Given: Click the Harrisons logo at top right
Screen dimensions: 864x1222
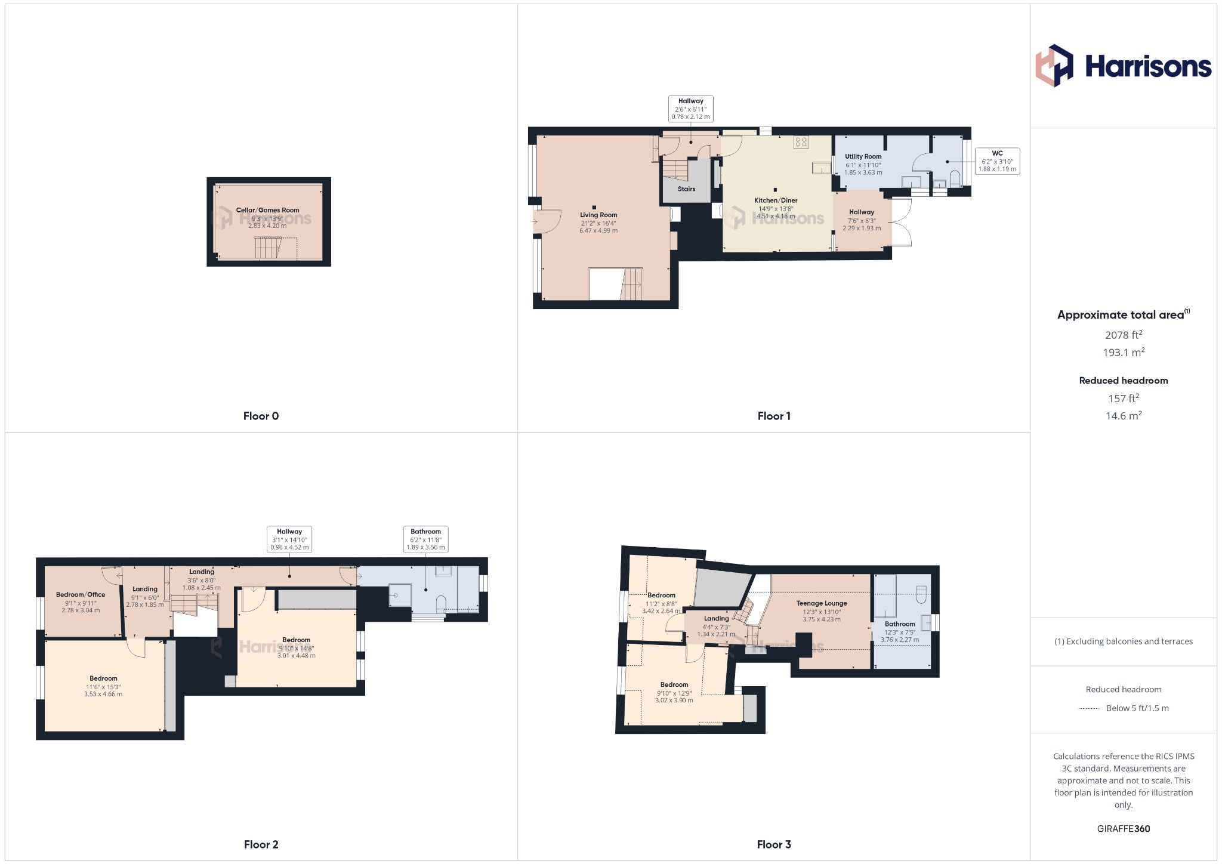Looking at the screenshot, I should pyautogui.click(x=1123, y=66).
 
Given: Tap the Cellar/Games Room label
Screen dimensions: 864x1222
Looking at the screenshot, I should pyautogui.click(x=267, y=210).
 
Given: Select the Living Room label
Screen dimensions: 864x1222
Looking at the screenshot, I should pyautogui.click(x=598, y=215).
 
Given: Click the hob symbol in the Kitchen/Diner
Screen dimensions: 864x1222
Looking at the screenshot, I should pyautogui.click(x=801, y=142).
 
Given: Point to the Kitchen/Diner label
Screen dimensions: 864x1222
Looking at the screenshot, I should pyautogui.click(x=776, y=200).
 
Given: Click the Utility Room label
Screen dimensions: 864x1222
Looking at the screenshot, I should pyautogui.click(x=863, y=156).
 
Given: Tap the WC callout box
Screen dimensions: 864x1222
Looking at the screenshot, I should pyautogui.click(x=997, y=161).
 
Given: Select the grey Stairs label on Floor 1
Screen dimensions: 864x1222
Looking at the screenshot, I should pyautogui.click(x=686, y=189).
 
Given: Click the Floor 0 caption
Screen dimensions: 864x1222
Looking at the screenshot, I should pyautogui.click(x=261, y=416).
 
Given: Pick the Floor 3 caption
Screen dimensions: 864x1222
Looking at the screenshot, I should pyautogui.click(x=774, y=844).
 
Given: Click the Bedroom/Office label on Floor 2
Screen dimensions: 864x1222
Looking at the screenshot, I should pyautogui.click(x=81, y=594).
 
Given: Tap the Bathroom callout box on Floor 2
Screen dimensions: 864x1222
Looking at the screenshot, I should pyautogui.click(x=425, y=539).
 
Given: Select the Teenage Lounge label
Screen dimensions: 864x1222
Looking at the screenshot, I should pyautogui.click(x=822, y=603).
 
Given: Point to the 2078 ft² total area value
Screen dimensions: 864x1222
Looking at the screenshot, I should pyautogui.click(x=1124, y=335).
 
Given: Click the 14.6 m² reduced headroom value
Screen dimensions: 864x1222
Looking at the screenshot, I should pyautogui.click(x=1124, y=416).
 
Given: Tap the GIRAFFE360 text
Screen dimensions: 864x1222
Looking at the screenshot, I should pyautogui.click(x=1124, y=829).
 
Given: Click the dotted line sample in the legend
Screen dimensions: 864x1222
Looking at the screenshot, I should pyautogui.click(x=1089, y=709).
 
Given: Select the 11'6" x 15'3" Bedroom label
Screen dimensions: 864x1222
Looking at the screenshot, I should pyautogui.click(x=103, y=678).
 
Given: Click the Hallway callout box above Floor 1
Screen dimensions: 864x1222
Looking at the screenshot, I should pyautogui.click(x=690, y=109).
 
